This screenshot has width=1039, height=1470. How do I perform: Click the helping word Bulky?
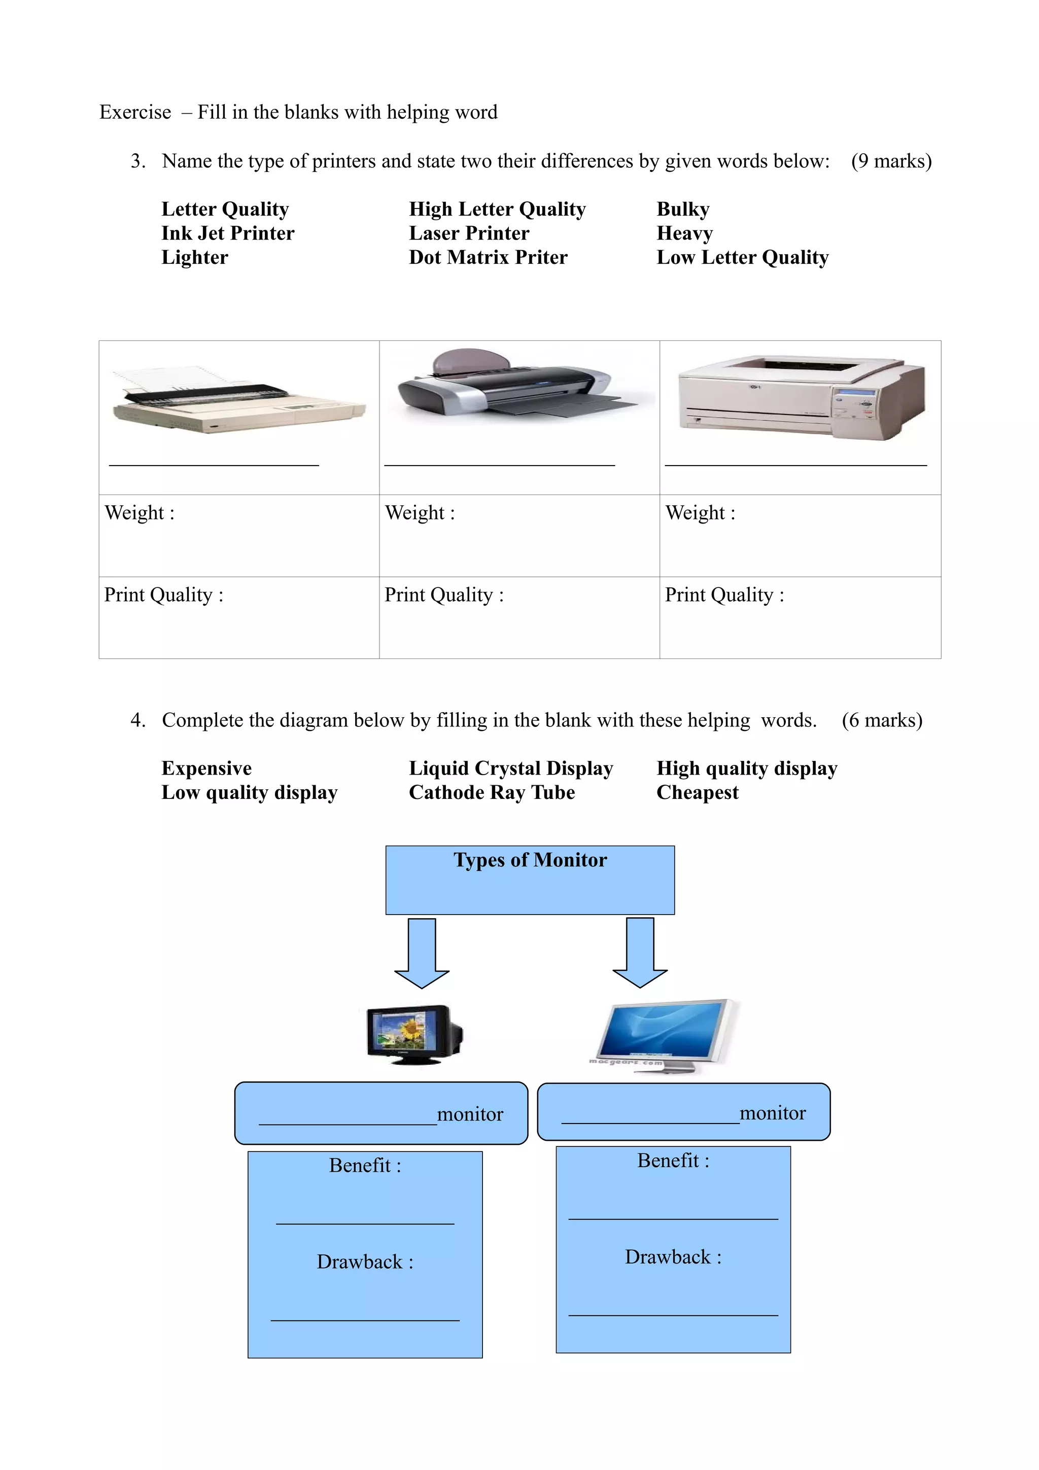click(682, 209)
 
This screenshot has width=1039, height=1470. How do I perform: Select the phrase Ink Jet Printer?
click(227, 233)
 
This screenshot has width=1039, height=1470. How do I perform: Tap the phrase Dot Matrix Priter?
click(488, 257)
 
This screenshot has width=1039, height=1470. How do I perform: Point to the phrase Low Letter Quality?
click(742, 257)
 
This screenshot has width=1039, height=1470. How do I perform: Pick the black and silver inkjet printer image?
click(517, 384)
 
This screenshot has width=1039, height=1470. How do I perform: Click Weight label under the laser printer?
click(700, 513)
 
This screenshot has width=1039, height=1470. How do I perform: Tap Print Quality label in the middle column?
click(443, 595)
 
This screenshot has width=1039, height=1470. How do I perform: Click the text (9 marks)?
click(890, 161)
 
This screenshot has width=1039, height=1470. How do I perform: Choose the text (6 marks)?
click(882, 720)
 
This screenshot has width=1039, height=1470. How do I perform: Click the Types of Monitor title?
click(530, 860)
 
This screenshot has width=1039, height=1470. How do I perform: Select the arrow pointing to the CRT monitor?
click(422, 953)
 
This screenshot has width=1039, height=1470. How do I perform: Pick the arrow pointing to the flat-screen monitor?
click(640, 952)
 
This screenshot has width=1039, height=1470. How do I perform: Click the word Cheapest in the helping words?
click(697, 793)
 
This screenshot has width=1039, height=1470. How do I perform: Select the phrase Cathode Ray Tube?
click(492, 793)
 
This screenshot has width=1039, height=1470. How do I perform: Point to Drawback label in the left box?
click(365, 1262)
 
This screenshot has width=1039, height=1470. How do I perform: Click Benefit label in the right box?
click(673, 1161)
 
